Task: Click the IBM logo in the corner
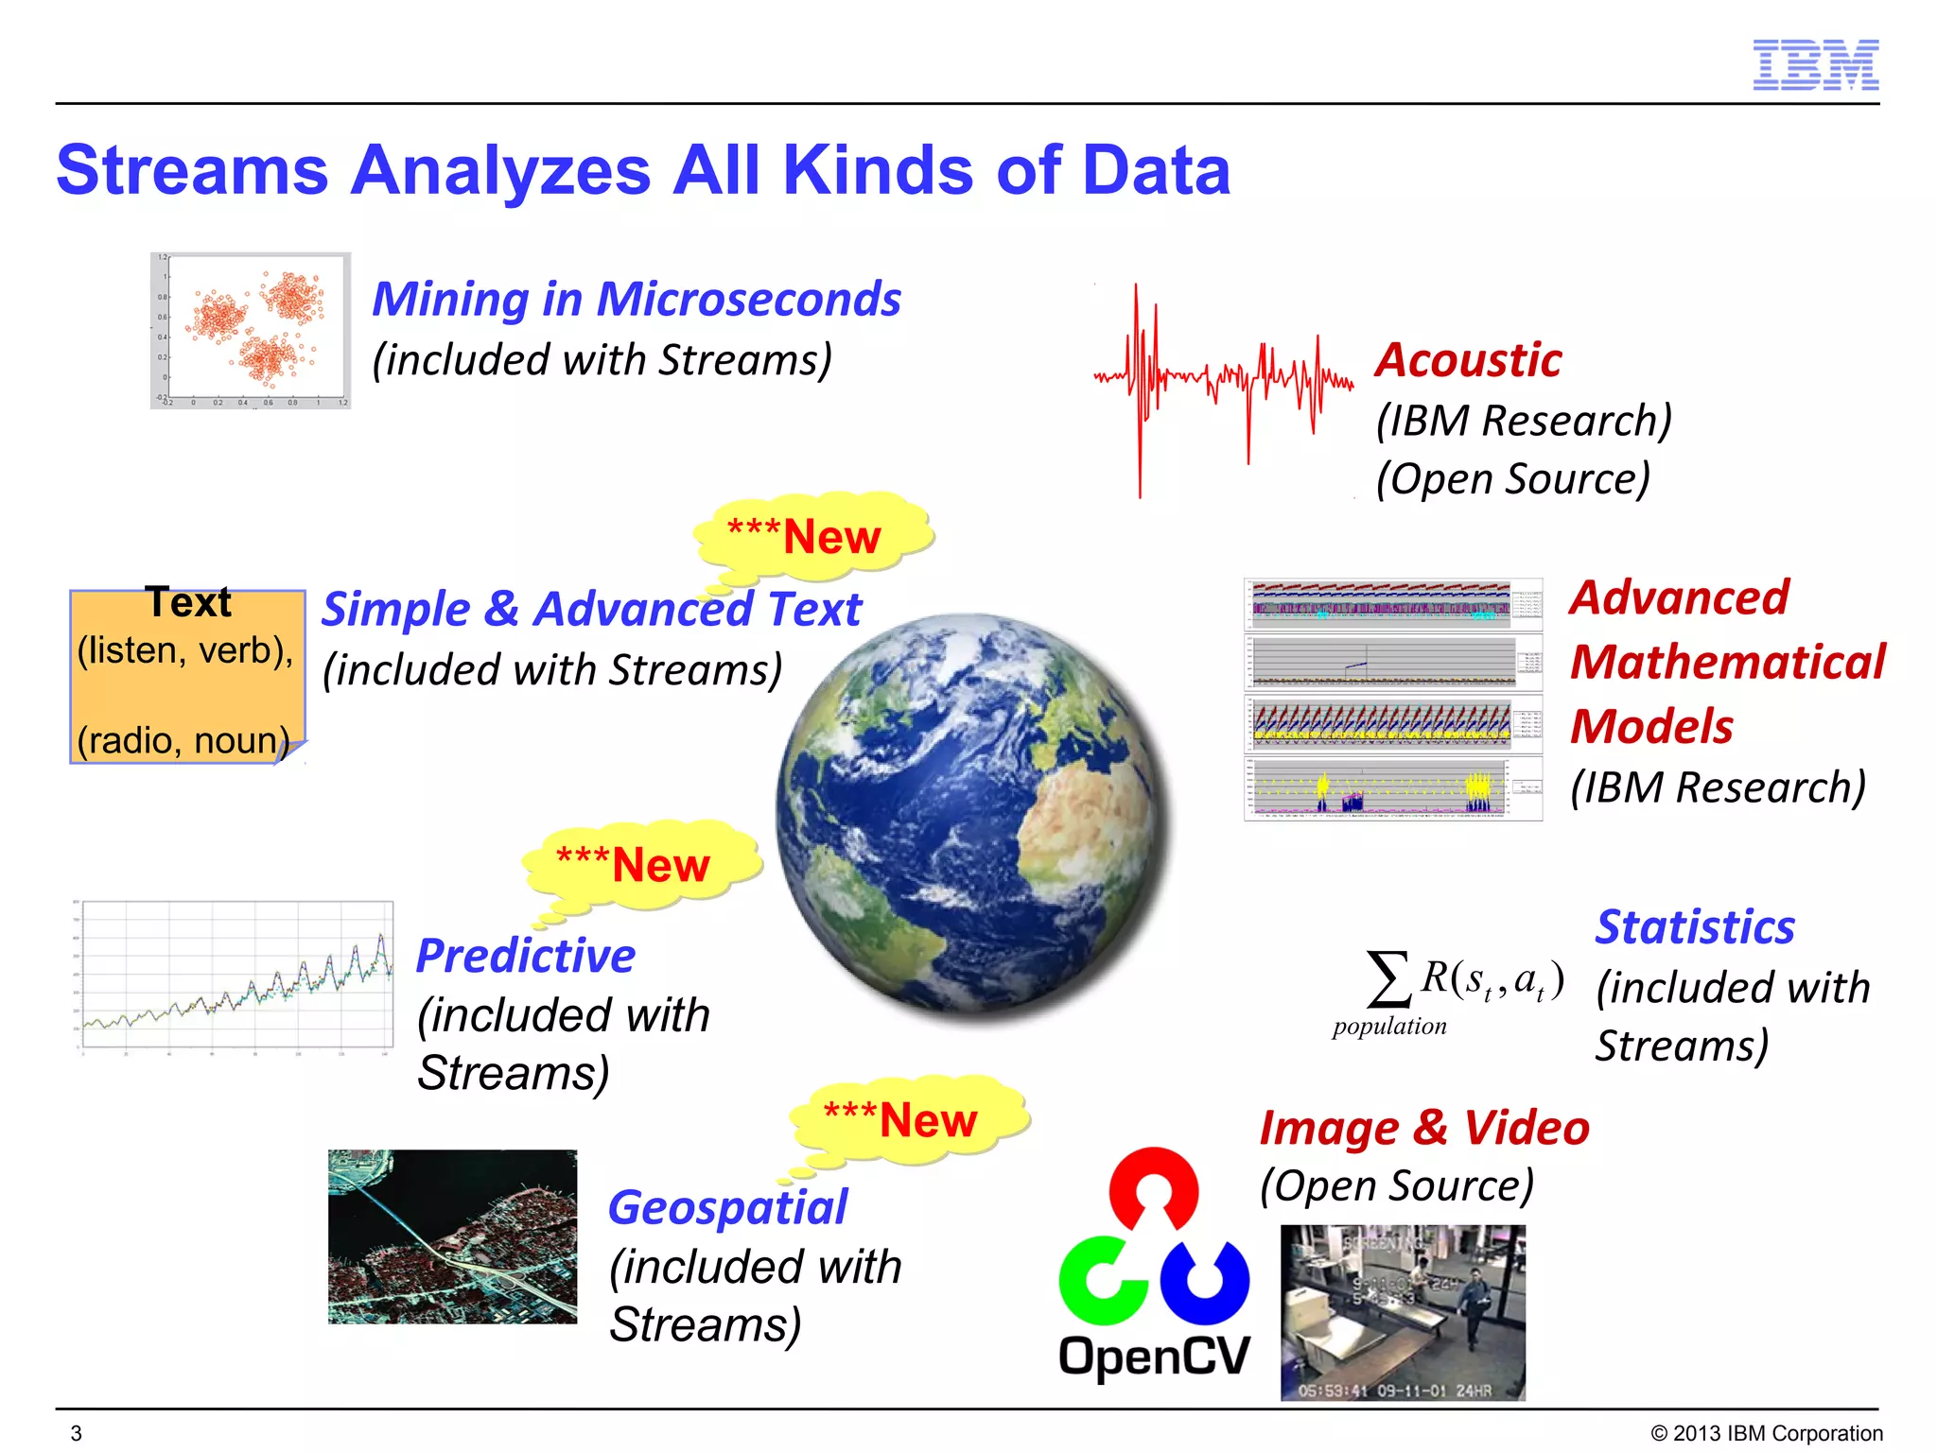point(1815,65)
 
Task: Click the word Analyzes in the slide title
point(500,171)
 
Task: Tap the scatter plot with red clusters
point(251,330)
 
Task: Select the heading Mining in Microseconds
point(636,300)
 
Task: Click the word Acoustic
point(1468,360)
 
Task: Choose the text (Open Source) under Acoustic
point(1512,479)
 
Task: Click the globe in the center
point(974,813)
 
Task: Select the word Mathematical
point(1727,662)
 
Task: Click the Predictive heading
point(526,956)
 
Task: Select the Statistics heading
point(1694,926)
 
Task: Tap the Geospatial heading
point(727,1208)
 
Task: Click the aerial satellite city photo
point(452,1236)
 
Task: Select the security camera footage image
point(1403,1312)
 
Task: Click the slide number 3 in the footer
point(77,1433)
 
